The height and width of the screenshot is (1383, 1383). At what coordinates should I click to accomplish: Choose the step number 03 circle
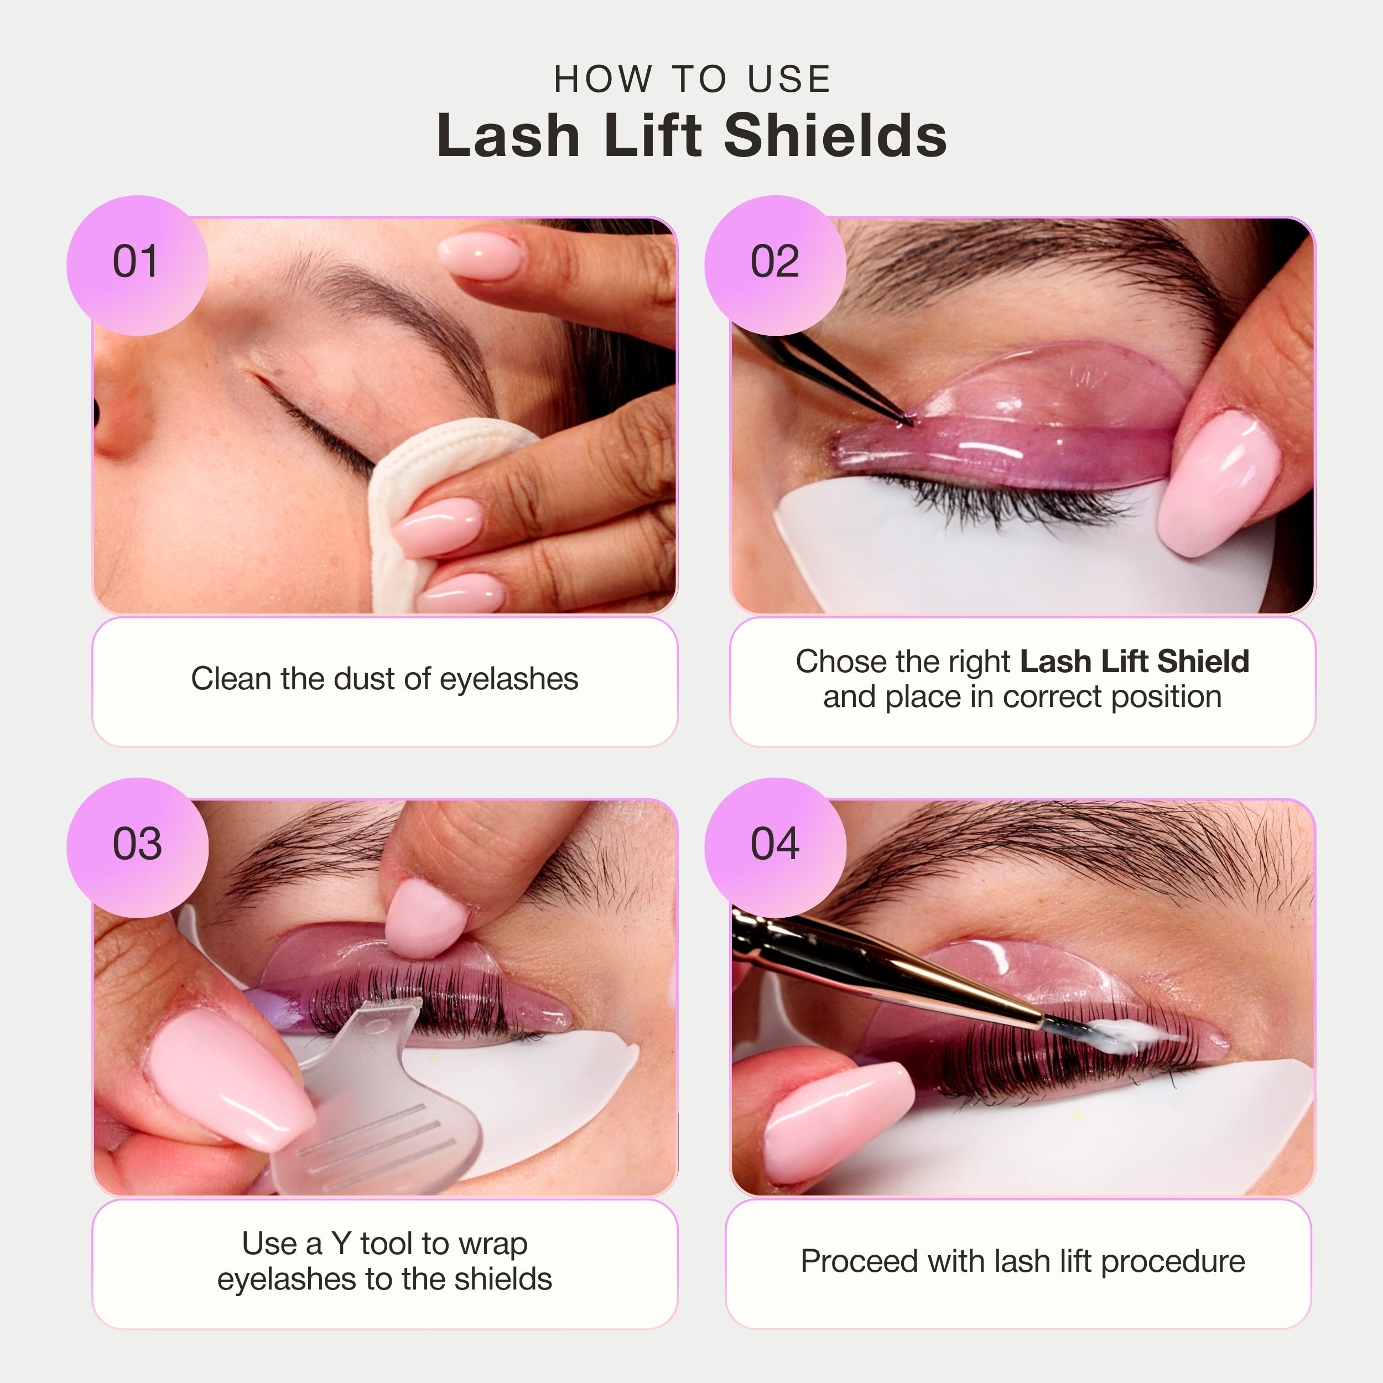point(137,845)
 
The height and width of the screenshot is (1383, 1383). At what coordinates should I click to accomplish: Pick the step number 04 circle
point(774,845)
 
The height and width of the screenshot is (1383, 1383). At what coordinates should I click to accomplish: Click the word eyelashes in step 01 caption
point(508,679)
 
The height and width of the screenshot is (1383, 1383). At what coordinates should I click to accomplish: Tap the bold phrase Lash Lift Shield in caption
point(1134,662)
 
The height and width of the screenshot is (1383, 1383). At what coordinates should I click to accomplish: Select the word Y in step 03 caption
point(341,1244)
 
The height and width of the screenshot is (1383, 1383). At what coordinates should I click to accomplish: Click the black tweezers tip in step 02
point(903,419)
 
